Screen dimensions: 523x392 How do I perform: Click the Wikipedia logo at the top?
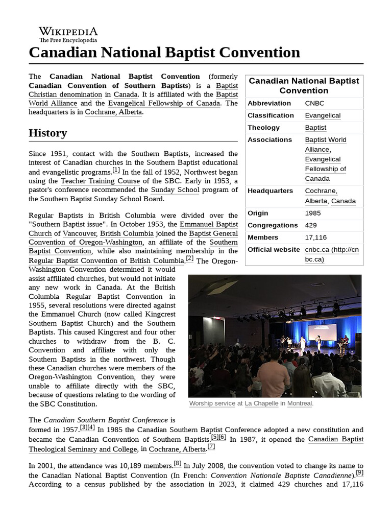[68, 34]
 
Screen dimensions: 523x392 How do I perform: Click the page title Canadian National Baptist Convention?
[164, 53]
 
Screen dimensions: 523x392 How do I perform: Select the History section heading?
[47, 133]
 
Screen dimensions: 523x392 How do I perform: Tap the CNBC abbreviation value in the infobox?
[314, 103]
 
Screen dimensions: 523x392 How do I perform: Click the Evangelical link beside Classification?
[323, 115]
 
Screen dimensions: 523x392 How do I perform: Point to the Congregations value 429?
[311, 225]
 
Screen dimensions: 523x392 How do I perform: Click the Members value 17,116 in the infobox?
[316, 237]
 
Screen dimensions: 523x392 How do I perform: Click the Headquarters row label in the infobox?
[270, 191]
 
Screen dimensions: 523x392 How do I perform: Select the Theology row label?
[263, 128]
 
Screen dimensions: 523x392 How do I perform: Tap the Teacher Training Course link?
[100, 181]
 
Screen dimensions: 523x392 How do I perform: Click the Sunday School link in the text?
[175, 190]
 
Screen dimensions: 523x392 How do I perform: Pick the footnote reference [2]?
[189, 259]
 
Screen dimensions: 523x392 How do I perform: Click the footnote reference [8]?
[177, 464]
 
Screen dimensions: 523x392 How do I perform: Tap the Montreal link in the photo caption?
[299, 403]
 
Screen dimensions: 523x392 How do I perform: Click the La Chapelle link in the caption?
[262, 403]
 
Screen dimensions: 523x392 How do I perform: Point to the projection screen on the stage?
[322, 332]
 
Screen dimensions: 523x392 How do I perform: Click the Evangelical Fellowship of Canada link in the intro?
[164, 103]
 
